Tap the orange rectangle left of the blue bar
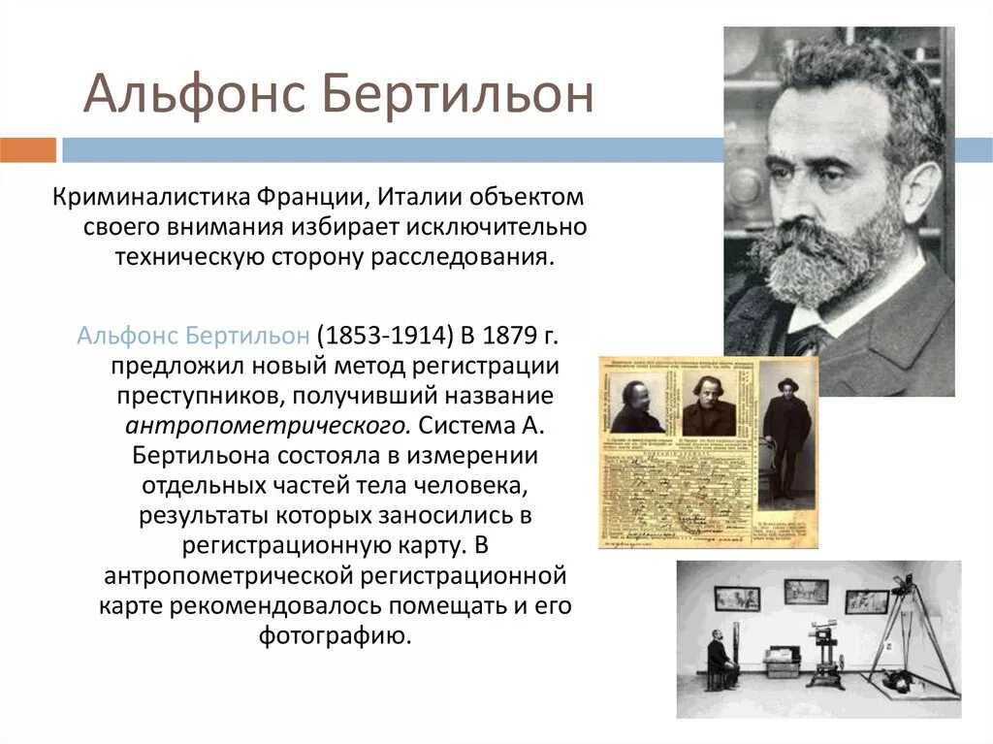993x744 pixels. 28,150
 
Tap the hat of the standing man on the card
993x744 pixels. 785,383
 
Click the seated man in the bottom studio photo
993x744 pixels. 719,659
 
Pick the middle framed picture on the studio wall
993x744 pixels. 805,591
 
